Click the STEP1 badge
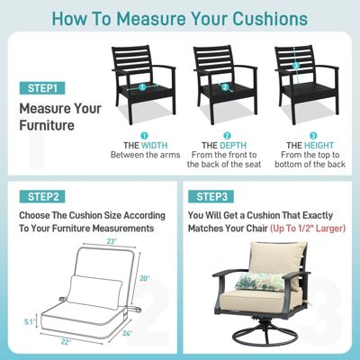[x=42, y=88]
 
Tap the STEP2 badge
[x=42, y=196]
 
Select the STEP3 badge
[x=211, y=196]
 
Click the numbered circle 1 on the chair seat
[x=142, y=87]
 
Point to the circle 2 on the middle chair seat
[x=225, y=87]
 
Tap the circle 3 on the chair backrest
[x=296, y=65]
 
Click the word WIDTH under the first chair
[x=155, y=146]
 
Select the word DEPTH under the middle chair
[x=233, y=146]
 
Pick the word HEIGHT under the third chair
[x=319, y=146]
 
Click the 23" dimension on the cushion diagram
[x=112, y=241]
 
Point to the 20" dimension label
[x=144, y=278]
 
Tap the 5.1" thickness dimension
[x=29, y=322]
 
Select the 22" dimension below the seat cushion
[x=65, y=342]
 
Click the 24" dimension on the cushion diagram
[x=127, y=333]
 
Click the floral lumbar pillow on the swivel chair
[x=260, y=283]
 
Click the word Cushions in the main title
[x=270, y=18]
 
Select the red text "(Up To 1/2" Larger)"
[x=308, y=229]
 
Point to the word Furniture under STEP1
[x=47, y=125]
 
